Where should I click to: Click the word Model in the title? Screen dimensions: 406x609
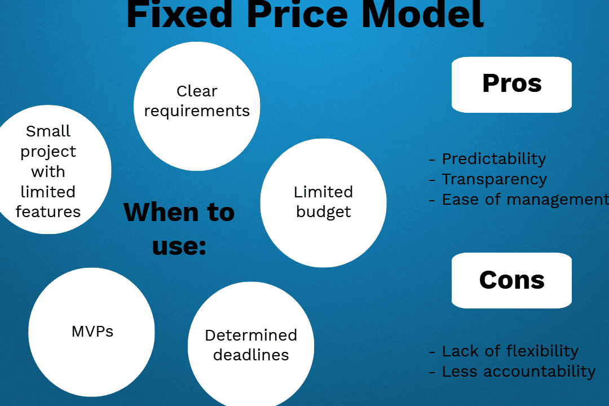(x=422, y=14)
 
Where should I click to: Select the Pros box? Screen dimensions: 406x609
(x=511, y=84)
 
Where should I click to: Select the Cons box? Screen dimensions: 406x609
(x=511, y=280)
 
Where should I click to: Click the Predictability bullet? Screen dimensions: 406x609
(x=493, y=159)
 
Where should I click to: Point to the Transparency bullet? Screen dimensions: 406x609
(x=494, y=179)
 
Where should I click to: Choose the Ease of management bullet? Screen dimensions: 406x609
(x=524, y=200)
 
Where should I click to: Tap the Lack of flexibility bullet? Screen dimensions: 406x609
(x=510, y=351)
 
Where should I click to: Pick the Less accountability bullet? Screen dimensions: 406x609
(x=518, y=372)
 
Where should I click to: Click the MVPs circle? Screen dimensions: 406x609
(x=91, y=331)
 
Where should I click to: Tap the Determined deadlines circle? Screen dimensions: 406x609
(x=250, y=345)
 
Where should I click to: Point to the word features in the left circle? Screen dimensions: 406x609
(x=48, y=212)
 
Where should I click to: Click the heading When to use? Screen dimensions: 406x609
(x=179, y=228)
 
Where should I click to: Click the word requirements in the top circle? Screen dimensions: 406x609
(x=197, y=111)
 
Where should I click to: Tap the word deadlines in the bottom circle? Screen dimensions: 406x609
(x=251, y=355)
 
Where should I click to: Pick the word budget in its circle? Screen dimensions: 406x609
(x=323, y=212)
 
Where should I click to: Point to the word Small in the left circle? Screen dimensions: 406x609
(x=48, y=131)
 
